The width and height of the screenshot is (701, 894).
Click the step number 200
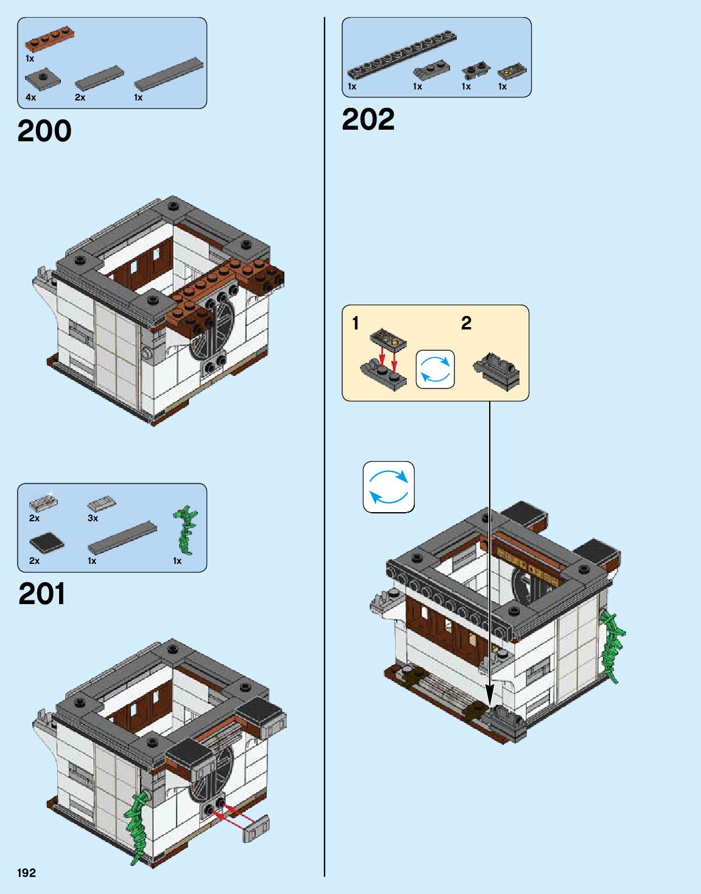[44, 131]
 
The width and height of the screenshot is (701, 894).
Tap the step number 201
[41, 594]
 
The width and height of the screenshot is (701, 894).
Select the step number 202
[368, 119]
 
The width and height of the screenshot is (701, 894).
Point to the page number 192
[26, 873]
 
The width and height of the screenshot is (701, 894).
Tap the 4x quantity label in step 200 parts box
[30, 97]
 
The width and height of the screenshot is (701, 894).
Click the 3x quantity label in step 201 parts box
[93, 518]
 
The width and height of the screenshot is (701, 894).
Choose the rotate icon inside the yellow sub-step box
[435, 369]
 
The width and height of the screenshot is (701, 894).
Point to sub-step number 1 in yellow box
[356, 323]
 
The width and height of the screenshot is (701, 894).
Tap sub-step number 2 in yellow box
[466, 323]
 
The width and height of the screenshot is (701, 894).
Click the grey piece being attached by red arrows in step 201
[256, 829]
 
